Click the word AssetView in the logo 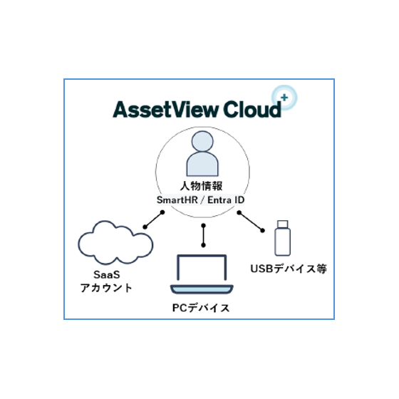pos(165,110)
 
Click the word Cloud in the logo pos(252,110)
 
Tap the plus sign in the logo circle pos(284,97)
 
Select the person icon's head pos(202,141)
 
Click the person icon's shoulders pos(202,164)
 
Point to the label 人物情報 pos(201,186)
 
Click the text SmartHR pos(177,200)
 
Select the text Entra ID pos(226,200)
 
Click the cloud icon pos(115,243)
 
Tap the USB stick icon pos(282,238)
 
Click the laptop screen pos(202,267)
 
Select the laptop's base pos(202,289)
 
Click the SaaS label pos(107,275)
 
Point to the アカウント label pos(106,288)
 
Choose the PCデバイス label pos(201,308)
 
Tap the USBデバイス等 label pos(289,269)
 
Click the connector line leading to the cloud pos(154,219)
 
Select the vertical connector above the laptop pos(203,235)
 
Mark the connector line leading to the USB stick pos(251,222)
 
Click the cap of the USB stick pos(283,224)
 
